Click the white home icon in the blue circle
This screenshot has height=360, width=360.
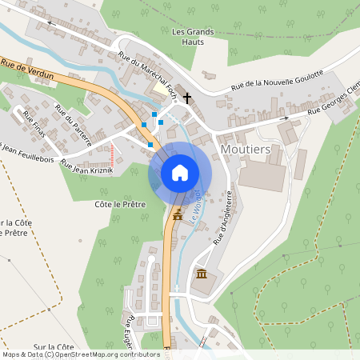(x=180, y=172)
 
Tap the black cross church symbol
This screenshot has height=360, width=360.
(x=188, y=98)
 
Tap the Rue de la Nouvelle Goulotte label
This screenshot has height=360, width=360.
(x=277, y=80)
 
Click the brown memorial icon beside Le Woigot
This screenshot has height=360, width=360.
(x=177, y=215)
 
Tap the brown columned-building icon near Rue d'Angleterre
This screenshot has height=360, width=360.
(x=201, y=275)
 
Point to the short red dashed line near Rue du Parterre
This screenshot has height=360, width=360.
(x=113, y=152)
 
